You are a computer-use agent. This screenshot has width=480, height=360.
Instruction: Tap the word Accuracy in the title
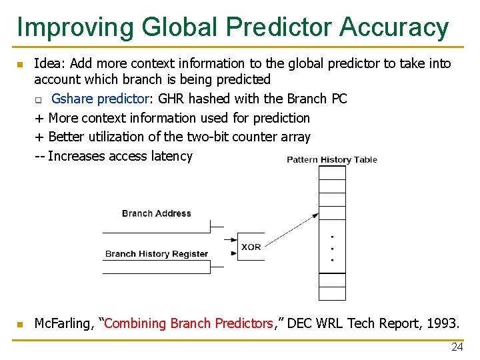click(x=394, y=27)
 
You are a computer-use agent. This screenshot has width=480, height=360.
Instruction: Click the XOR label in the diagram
click(x=251, y=247)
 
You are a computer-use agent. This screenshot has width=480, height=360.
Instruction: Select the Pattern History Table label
click(x=332, y=159)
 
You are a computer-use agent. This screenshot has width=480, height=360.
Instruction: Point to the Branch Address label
click(x=157, y=213)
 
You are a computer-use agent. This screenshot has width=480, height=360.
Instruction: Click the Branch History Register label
click(x=157, y=254)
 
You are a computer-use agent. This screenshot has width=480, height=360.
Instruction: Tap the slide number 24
click(x=457, y=347)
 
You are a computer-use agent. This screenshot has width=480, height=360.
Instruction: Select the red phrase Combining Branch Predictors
click(x=189, y=323)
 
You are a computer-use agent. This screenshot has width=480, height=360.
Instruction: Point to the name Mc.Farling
click(x=64, y=323)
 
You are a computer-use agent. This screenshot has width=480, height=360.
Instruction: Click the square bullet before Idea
click(x=20, y=65)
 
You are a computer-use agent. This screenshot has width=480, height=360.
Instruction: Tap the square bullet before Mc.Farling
click(x=20, y=325)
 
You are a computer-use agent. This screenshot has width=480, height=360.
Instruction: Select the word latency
click(x=170, y=156)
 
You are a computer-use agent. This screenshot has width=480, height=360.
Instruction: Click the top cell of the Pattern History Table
click(x=332, y=173)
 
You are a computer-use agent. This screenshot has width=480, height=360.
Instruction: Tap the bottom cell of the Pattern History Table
click(x=332, y=293)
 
